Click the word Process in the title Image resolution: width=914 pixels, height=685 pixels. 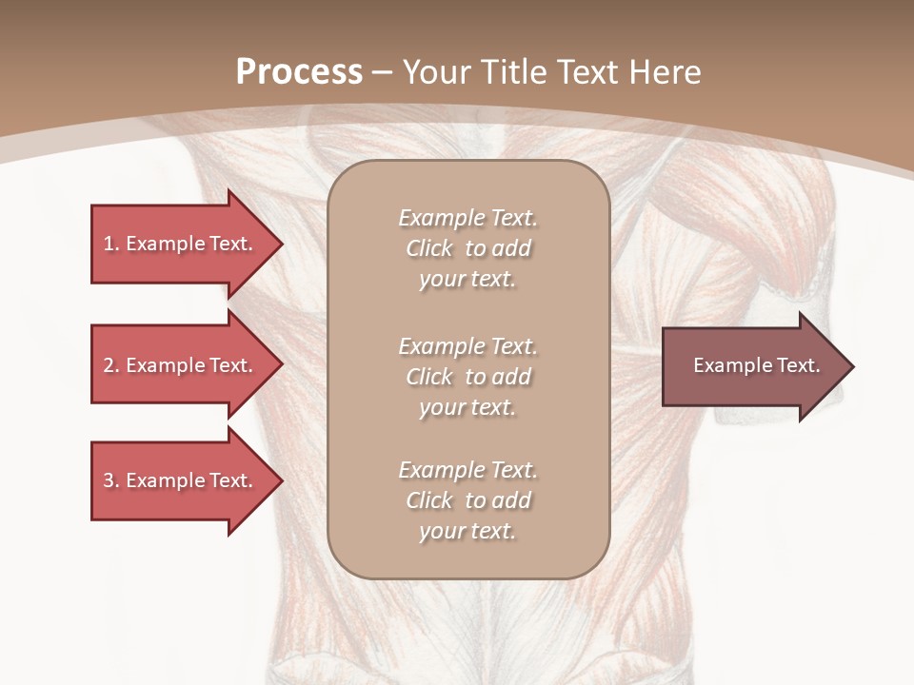point(299,72)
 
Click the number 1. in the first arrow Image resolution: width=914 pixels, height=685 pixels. point(111,244)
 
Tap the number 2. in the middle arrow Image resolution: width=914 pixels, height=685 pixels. point(111,365)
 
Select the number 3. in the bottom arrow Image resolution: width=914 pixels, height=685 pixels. point(111,480)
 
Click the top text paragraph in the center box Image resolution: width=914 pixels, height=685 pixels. point(467,248)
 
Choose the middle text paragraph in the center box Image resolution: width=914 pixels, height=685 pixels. point(467,376)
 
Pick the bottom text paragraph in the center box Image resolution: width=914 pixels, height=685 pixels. point(467,500)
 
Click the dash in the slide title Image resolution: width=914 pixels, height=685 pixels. point(383,73)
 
